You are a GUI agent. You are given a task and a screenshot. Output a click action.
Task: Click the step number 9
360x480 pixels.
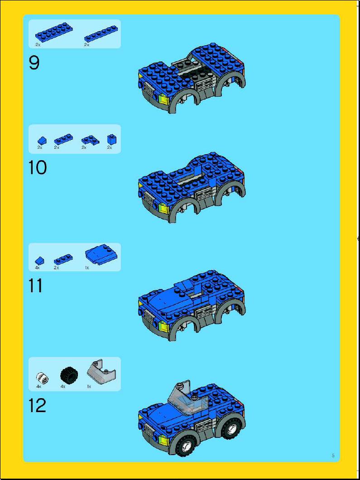click(x=34, y=63)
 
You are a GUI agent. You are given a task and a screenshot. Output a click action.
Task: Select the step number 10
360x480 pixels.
click(x=38, y=168)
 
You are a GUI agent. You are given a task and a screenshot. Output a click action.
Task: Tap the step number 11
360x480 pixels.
click(x=35, y=286)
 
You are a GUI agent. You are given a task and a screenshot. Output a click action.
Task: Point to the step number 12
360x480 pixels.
click(x=38, y=405)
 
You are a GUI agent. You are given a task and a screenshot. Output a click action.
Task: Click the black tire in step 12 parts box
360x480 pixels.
click(x=69, y=375)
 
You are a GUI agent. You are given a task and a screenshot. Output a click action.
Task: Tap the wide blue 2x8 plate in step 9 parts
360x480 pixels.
click(x=54, y=32)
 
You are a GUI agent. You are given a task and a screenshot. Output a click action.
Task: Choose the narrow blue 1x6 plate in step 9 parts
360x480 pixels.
click(x=101, y=33)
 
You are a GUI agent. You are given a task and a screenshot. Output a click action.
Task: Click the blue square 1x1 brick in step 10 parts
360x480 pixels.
click(x=111, y=139)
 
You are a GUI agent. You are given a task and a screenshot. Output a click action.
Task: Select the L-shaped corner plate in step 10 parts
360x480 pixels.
click(x=90, y=140)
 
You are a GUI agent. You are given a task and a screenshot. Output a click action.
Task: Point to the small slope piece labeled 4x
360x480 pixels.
click(x=39, y=261)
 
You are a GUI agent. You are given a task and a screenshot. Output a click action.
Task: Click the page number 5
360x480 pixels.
click(x=333, y=456)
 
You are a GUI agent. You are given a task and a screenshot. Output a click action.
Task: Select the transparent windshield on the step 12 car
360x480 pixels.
click(x=187, y=398)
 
